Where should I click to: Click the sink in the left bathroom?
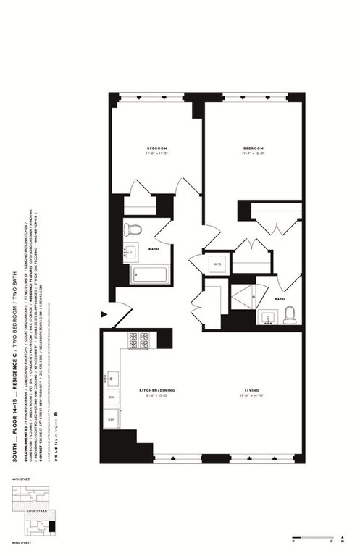[131, 253]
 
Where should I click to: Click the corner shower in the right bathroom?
[243, 295]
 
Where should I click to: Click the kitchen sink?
[113, 377]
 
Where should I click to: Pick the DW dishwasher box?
[112, 398]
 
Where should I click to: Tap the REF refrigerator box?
[112, 418]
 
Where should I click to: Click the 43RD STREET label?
[20, 547]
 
